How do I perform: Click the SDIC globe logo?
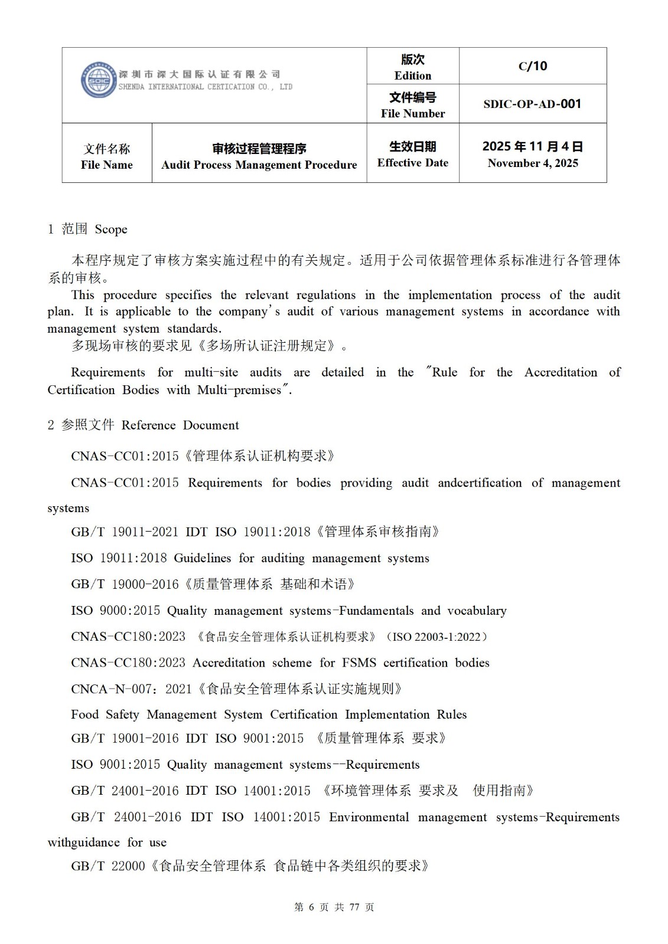98,80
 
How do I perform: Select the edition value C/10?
532,66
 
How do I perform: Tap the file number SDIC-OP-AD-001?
532,104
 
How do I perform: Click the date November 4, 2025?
532,163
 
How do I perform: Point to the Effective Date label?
412,163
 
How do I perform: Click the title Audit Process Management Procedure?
259,165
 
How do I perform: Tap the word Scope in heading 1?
111,230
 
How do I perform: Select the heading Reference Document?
180,425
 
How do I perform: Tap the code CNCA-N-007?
114,689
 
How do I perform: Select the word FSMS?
359,663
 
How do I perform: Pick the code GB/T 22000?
108,866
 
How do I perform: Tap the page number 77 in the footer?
354,907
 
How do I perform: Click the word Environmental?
369,817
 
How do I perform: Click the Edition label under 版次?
412,76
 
